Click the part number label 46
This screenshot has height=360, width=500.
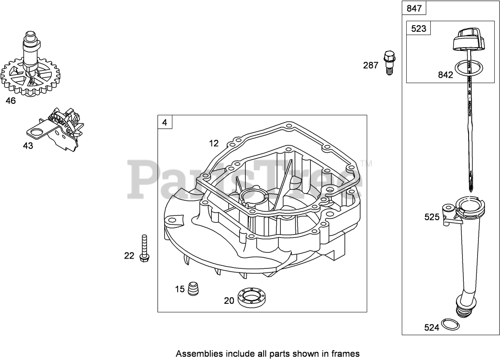pyautogui.click(x=11, y=101)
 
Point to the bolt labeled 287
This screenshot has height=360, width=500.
pyautogui.click(x=390, y=63)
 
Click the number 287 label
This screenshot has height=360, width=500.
pyautogui.click(x=371, y=65)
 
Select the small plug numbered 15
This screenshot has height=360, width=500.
pyautogui.click(x=193, y=289)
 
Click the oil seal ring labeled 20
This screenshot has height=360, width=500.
pyautogui.click(x=251, y=298)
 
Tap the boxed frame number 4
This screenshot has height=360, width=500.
pyautogui.click(x=165, y=122)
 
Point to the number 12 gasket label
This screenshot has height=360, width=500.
pyautogui.click(x=214, y=143)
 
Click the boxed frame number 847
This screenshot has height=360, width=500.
pyautogui.click(x=414, y=8)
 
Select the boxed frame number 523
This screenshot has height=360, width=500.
pyautogui.click(x=419, y=29)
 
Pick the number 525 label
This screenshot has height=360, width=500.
pyautogui.click(x=432, y=217)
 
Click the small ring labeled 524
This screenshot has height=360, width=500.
pyautogui.click(x=450, y=325)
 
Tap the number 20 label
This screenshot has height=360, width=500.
pyautogui.click(x=229, y=301)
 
